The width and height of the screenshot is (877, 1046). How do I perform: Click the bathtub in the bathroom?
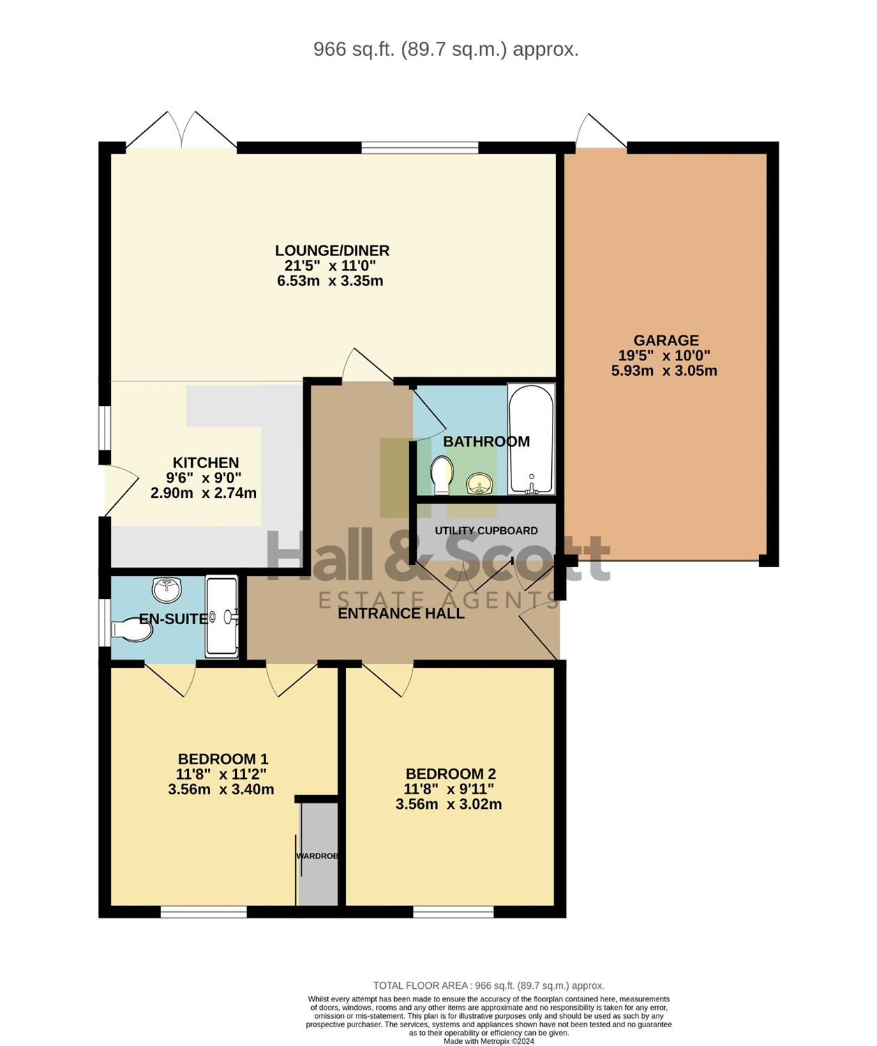tap(531, 439)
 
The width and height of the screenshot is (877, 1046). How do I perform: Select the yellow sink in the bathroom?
tap(479, 483)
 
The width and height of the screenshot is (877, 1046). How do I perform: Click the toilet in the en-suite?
tap(131, 630)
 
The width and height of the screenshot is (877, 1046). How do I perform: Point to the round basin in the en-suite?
tap(167, 590)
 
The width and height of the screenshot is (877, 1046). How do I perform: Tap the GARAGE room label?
tap(666, 340)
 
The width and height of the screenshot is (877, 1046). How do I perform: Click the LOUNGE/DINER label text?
tap(332, 250)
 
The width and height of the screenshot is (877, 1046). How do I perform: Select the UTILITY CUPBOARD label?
tap(486, 531)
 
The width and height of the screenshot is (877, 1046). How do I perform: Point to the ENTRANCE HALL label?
tap(401, 613)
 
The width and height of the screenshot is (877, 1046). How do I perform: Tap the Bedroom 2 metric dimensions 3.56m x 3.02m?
tap(449, 805)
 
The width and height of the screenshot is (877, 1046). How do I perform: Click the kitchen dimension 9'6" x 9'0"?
tap(204, 478)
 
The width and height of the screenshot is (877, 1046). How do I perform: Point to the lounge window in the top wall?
tap(420, 148)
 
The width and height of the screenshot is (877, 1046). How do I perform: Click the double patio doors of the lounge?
tap(181, 130)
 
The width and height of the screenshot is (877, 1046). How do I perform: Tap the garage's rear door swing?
tap(601, 131)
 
